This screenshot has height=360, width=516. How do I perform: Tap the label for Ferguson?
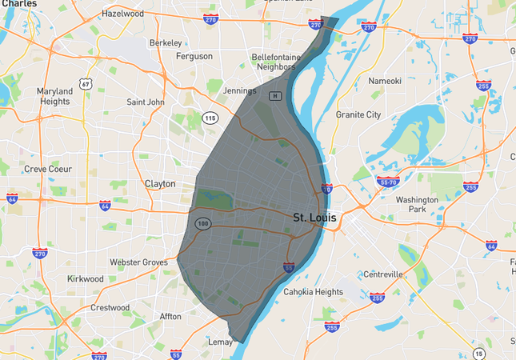(194, 56)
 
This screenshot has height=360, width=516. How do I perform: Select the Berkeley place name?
(166, 42)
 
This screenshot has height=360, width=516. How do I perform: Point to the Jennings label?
(239, 90)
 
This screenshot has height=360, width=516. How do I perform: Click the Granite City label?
(358, 114)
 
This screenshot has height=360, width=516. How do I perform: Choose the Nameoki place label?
(385, 81)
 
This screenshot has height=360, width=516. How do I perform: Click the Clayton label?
(160, 183)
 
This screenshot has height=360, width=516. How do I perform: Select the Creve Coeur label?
(47, 169)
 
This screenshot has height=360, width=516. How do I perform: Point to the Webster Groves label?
(139, 262)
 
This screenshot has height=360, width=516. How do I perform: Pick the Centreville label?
(383, 274)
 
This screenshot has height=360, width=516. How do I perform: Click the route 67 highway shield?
(85, 82)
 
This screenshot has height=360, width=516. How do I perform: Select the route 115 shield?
(210, 118)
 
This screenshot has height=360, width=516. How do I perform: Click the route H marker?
(275, 96)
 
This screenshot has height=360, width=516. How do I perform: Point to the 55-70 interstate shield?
(388, 182)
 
